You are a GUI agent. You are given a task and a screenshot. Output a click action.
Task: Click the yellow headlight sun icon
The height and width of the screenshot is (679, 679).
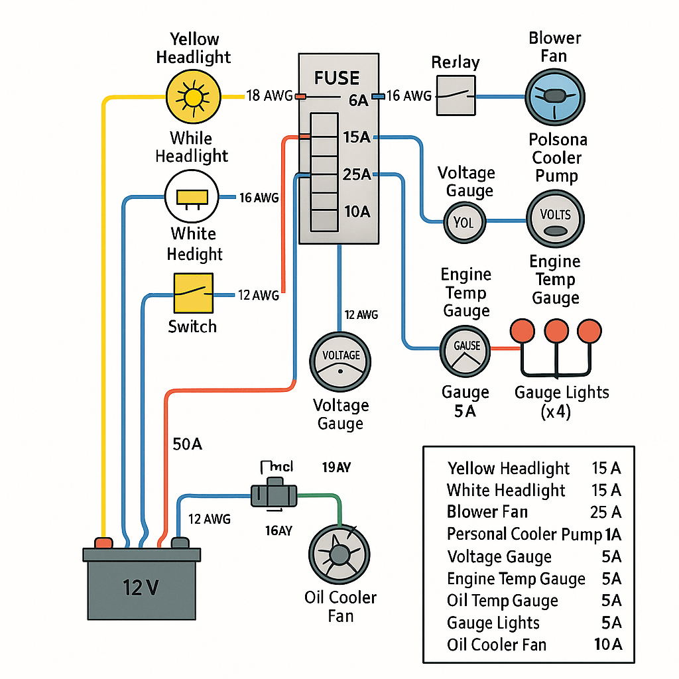pos(192,97)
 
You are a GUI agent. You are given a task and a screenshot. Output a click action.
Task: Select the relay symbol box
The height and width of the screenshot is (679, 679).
pos(456,96)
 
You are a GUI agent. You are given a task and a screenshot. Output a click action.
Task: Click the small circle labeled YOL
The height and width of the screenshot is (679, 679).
pos(464,221)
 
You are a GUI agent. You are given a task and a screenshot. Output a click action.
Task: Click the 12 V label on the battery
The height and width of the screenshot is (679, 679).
pos(141,587)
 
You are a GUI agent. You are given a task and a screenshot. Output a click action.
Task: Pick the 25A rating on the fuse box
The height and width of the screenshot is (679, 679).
pos(356,174)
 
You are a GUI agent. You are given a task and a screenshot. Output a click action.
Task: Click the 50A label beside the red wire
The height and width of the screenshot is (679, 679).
pos(186,444)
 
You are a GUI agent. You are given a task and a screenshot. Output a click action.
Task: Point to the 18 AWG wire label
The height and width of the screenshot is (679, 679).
pos(269,96)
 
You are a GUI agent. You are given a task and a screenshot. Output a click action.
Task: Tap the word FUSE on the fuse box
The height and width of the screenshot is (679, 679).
pos(337,78)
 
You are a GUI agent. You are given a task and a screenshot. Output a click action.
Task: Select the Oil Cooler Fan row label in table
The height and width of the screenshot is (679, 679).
pos(496,644)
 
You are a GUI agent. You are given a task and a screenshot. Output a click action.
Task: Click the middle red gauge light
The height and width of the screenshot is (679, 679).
pos(556,330)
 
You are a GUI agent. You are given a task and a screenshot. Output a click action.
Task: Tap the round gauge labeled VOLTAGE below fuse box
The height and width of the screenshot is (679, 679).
pos(340,362)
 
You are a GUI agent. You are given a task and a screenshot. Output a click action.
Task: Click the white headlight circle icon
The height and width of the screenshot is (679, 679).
pos(192,197)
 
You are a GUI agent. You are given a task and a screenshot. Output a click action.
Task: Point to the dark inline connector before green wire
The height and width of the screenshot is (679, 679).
pos(273,494)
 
